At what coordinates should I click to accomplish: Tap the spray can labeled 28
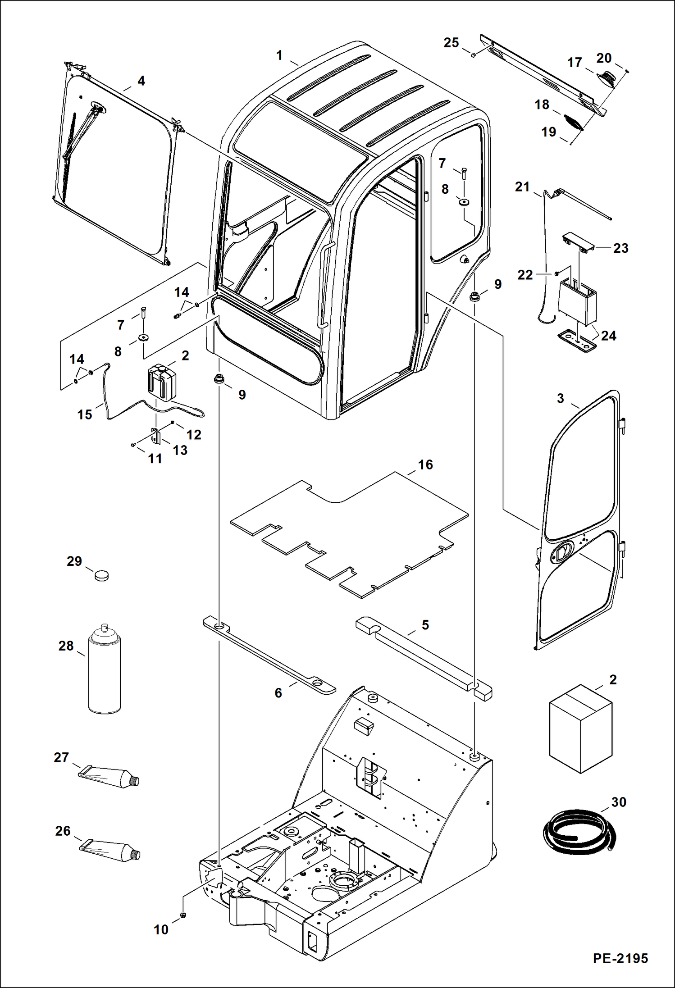click(105, 671)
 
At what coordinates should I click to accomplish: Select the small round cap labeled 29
click(102, 575)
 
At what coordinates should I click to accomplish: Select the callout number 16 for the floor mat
click(425, 464)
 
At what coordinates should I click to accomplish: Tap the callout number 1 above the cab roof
click(279, 55)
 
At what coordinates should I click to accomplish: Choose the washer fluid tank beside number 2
click(161, 382)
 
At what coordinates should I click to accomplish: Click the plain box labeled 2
click(580, 729)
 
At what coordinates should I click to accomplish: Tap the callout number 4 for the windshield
click(141, 81)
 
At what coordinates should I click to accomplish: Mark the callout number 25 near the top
click(451, 42)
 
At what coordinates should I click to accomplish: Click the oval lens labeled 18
click(574, 122)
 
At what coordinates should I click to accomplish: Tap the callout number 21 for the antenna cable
click(522, 187)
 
